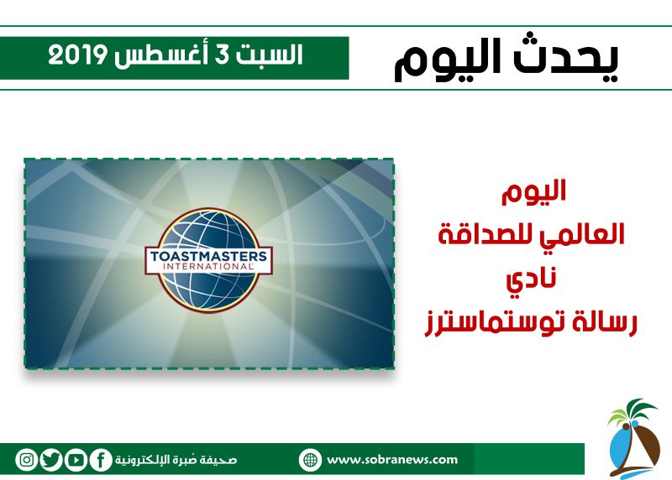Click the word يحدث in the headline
click(x=565, y=58)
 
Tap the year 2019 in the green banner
click(x=77, y=55)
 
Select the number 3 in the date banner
click(x=223, y=55)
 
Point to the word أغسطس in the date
click(x=161, y=55)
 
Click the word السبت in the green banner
click(x=269, y=55)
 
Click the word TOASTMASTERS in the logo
click(x=208, y=257)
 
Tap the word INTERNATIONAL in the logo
click(x=208, y=267)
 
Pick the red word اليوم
click(x=534, y=192)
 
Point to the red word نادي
click(x=532, y=279)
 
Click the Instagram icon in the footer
click(x=27, y=460)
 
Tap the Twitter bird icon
click(x=51, y=460)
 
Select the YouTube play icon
click(x=76, y=460)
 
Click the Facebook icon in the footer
click(x=101, y=460)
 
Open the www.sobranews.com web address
click(x=391, y=460)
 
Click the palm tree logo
click(x=633, y=438)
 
